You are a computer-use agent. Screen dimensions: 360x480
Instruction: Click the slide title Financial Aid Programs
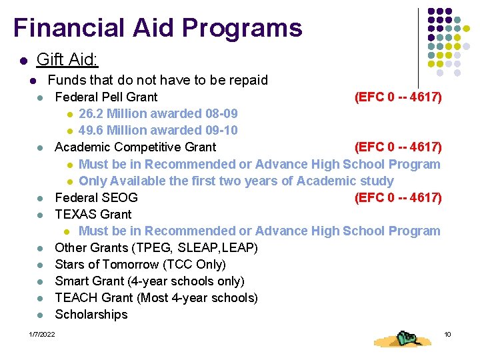coord(157,28)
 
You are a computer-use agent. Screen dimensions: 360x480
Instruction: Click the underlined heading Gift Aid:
coord(67,60)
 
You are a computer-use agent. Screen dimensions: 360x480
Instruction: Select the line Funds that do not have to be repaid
coord(158,80)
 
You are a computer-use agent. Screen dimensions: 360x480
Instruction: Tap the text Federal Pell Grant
coord(106,97)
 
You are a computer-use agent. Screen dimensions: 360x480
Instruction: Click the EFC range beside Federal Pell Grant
coord(398,97)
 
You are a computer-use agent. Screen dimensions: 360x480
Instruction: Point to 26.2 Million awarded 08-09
coord(158,114)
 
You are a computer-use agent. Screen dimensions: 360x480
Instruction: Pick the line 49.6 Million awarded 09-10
coord(158,131)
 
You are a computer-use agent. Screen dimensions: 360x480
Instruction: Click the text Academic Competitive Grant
coord(135,147)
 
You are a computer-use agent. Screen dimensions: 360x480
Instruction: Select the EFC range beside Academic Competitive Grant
coord(398,147)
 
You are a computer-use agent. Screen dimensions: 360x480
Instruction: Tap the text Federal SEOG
coord(96,198)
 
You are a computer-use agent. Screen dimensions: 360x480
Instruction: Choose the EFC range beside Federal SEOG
coord(398,198)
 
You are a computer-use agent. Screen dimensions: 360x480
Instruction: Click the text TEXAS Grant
coord(93,215)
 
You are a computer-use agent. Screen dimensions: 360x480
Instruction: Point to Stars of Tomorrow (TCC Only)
coord(140,265)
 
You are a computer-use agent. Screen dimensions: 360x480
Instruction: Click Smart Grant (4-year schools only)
coord(149,281)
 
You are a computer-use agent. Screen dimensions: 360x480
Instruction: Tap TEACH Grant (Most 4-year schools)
coord(156,298)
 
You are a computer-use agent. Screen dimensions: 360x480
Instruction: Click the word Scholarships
coord(91,315)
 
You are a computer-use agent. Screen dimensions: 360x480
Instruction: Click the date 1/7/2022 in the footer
coord(42,334)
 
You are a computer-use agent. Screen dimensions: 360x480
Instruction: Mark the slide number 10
coord(447,334)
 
